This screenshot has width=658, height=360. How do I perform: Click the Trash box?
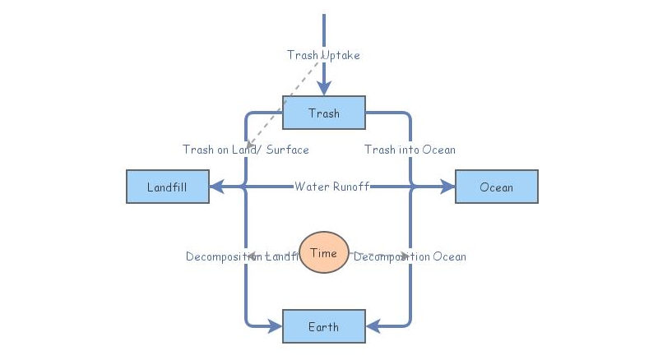323,113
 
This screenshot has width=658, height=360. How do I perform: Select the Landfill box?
167,187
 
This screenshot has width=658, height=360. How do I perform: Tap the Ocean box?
496,187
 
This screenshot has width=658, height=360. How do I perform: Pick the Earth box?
323,326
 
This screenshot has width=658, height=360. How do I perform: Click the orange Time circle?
323,252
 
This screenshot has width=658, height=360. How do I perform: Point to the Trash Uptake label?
323,55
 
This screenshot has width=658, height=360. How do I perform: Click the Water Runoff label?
331,187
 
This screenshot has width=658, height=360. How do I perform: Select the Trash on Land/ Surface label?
246,150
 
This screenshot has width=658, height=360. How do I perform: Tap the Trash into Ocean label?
410,150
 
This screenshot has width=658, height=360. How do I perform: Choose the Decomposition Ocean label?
410,256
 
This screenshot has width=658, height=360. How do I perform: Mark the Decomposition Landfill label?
242,256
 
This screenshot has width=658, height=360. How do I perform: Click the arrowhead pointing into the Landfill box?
216,187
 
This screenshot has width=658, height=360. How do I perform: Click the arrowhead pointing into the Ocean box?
447,187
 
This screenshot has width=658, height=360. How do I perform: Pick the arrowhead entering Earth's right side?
372,326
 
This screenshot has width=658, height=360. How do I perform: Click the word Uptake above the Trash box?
341,55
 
